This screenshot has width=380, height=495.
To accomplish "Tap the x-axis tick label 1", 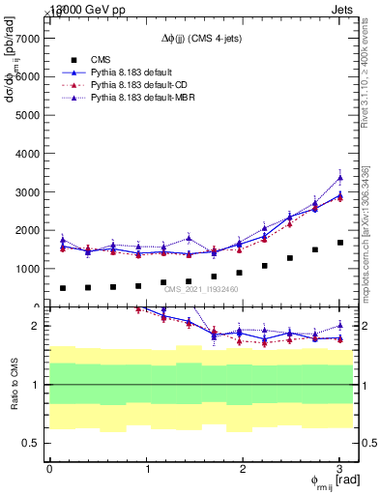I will click(x=146, y=469).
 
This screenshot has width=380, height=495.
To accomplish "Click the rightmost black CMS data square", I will click(x=339, y=243).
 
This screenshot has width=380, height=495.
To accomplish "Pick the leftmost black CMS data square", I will click(x=63, y=288).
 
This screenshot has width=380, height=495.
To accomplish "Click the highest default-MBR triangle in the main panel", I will click(x=339, y=178).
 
